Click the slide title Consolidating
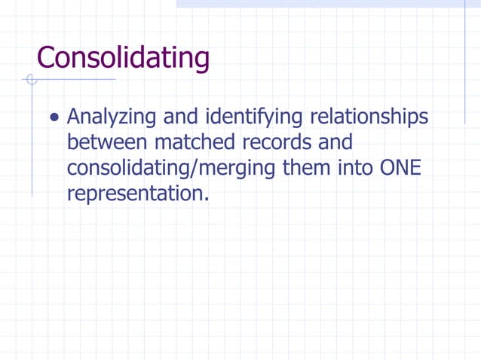coord(123,57)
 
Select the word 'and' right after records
coord(332,142)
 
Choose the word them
coord(305,167)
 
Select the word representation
coord(135,193)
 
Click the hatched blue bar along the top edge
coord(328,4)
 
